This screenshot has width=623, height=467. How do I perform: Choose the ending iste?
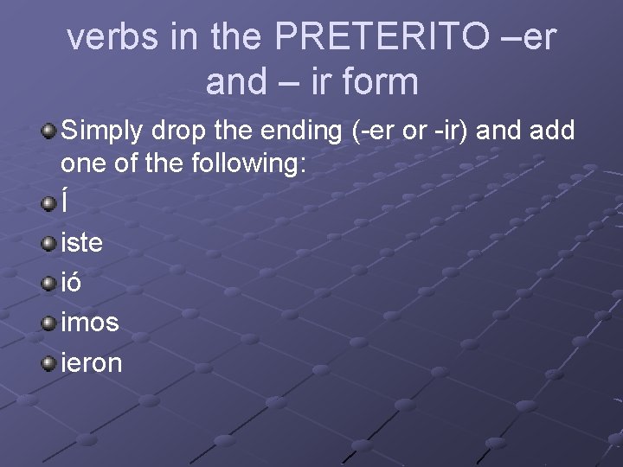(x=82, y=243)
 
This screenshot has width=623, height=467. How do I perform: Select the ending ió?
(x=73, y=283)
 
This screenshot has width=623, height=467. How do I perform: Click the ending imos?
(x=91, y=323)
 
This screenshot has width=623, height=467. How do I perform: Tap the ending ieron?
(x=92, y=362)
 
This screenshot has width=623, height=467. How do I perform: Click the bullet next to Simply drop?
(x=49, y=131)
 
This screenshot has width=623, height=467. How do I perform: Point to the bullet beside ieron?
(x=49, y=361)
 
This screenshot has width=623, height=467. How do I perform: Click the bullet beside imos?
(x=49, y=322)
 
